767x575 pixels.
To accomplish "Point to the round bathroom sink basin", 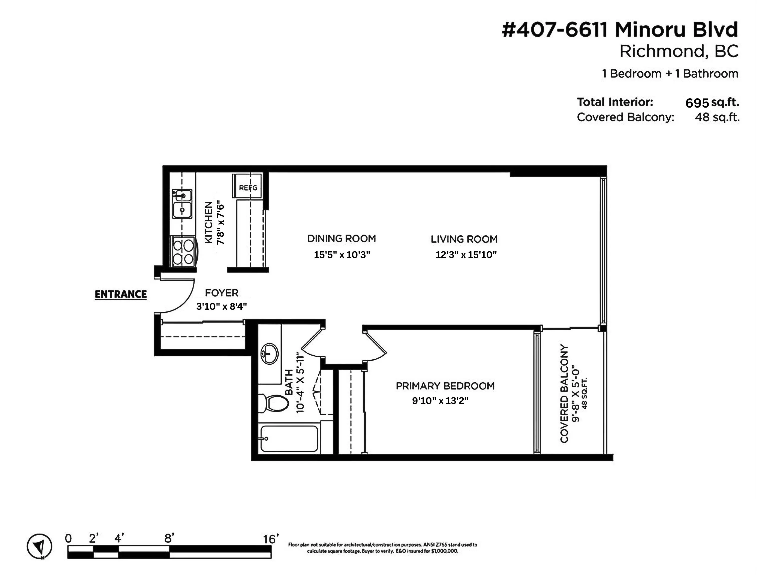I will point(269,354).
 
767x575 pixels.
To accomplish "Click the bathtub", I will point(289,439).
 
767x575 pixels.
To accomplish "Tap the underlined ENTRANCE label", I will point(121,294).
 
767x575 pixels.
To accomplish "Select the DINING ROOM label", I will point(342,238).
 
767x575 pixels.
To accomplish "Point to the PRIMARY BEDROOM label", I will point(445,386).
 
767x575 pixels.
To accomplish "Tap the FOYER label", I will point(221,293).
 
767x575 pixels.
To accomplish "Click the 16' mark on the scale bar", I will point(270,539).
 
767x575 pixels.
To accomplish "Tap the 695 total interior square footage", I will point(697,103).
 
